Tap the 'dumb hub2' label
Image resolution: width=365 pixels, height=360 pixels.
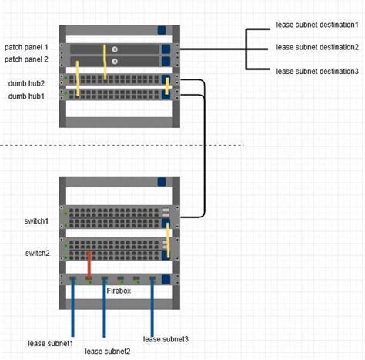(x=27, y=82)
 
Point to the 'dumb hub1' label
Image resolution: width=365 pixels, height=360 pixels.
(x=27, y=96)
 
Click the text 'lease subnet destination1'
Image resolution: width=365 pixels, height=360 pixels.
(x=317, y=25)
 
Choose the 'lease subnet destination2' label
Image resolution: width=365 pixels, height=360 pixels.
(x=317, y=47)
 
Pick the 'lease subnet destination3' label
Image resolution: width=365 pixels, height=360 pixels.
(x=317, y=71)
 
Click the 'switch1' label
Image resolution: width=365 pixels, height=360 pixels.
(x=37, y=221)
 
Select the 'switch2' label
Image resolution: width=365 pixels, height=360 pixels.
(x=37, y=253)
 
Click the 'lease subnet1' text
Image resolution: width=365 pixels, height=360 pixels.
(x=51, y=342)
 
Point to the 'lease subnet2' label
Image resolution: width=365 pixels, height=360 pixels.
(x=107, y=351)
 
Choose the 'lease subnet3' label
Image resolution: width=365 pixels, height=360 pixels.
(x=166, y=339)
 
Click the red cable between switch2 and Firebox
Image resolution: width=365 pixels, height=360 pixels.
(x=90, y=264)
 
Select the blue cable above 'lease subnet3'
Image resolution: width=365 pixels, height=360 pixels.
(x=152, y=304)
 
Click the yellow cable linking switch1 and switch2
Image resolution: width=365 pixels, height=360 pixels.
(x=169, y=239)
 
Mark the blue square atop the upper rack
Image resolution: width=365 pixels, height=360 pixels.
(x=162, y=31)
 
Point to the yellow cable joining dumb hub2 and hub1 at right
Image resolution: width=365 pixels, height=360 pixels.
(x=168, y=87)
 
